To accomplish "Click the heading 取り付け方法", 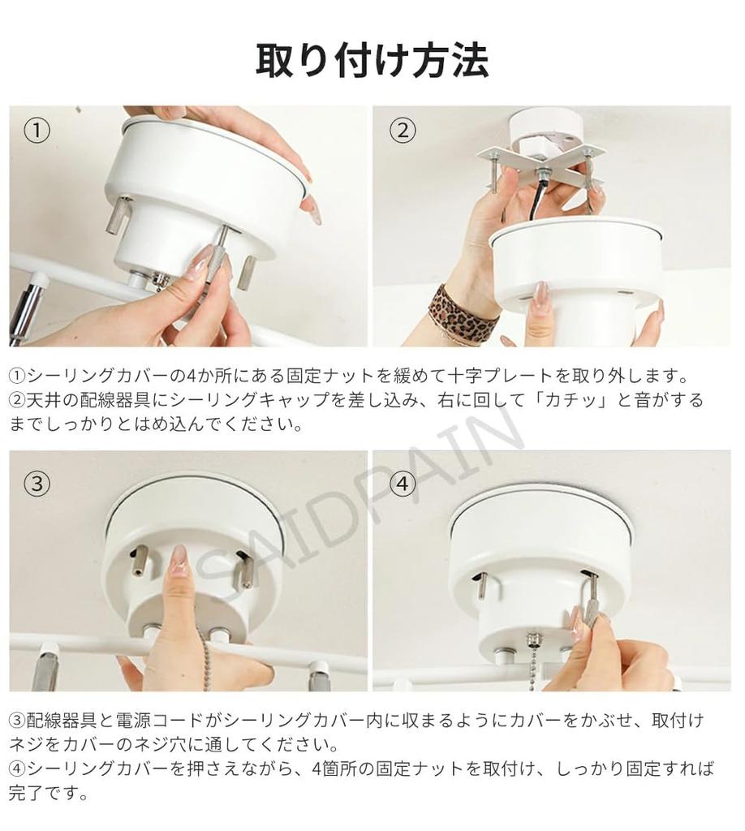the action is (x=372, y=61).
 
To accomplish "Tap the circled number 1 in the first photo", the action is (x=37, y=131).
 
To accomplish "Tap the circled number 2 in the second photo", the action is (x=403, y=131).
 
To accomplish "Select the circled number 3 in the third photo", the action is (x=37, y=483).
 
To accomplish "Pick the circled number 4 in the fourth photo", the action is (x=403, y=483).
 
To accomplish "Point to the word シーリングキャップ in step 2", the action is (x=248, y=400).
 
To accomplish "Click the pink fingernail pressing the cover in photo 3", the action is (x=179, y=562).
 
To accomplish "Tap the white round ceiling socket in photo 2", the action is (x=546, y=132).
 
